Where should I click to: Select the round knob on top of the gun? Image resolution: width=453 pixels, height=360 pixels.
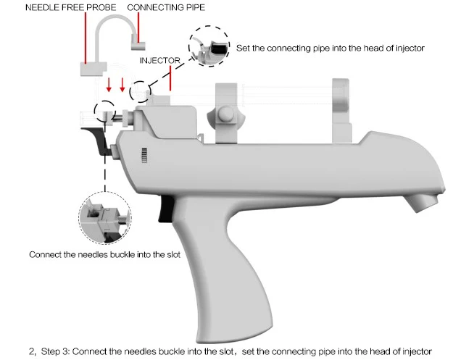click(225, 115)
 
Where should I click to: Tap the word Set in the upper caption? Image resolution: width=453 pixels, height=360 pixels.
click(244, 48)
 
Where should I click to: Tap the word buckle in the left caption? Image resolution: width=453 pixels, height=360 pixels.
click(121, 255)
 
